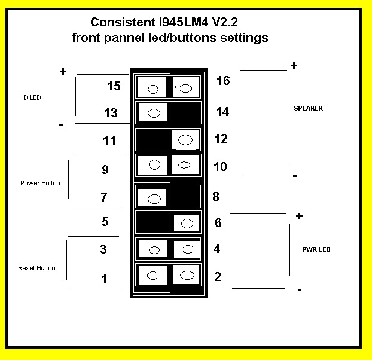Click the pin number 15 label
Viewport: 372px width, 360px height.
114,86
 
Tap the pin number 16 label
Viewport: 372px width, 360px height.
223,81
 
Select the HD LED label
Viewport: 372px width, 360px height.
30,97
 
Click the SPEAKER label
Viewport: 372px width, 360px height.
308,108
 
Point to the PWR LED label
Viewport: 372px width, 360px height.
316,249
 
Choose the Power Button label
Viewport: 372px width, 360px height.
40,183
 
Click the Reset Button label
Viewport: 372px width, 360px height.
36,268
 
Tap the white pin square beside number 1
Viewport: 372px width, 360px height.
153,275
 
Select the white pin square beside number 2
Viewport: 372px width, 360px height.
186,274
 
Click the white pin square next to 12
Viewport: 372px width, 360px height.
185,140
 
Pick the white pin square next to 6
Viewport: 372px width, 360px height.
187,224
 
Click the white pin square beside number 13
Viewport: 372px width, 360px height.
153,112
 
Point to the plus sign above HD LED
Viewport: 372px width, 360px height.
63,71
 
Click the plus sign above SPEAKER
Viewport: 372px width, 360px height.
294,65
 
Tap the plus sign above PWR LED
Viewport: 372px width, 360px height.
300,216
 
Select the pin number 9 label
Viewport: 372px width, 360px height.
105,170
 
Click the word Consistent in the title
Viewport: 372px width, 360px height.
123,22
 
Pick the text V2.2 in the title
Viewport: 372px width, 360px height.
225,22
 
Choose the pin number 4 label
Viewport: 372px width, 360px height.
217,249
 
